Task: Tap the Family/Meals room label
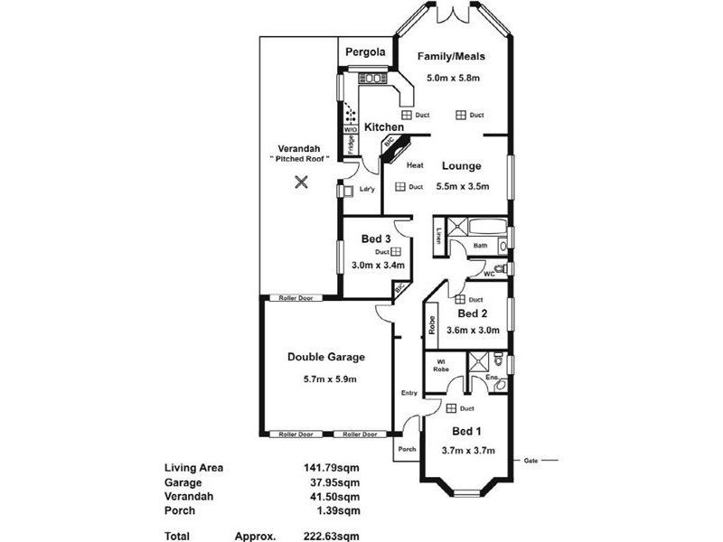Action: pos(451,57)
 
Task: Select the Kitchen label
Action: pos(383,127)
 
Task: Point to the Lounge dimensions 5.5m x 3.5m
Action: pos(463,187)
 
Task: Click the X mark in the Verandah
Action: pos(301,182)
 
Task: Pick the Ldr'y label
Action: pos(367,190)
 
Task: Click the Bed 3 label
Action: pos(375,238)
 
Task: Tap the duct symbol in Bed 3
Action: pos(395,252)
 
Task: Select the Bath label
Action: pos(481,246)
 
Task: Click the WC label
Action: pos(488,273)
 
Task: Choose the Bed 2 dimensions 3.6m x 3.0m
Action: pos(473,330)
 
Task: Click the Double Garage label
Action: pos(326,357)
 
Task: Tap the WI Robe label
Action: pos(442,367)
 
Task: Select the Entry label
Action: pos(408,393)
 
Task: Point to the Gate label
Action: pos(532,460)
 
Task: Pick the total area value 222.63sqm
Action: pos(333,535)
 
